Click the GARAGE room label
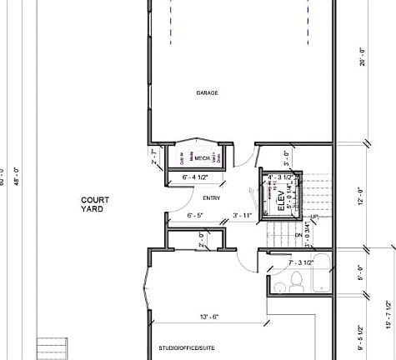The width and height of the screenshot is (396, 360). click(207, 92)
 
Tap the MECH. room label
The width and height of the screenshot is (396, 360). click(203, 157)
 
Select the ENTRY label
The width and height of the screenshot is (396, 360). click(210, 197)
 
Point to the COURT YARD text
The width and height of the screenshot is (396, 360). click(93, 205)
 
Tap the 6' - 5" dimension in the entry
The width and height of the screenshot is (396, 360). click(196, 216)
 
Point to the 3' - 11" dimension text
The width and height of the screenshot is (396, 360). click(243, 216)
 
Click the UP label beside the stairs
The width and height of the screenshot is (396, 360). click(314, 217)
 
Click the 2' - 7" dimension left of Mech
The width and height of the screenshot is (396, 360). click(153, 157)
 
